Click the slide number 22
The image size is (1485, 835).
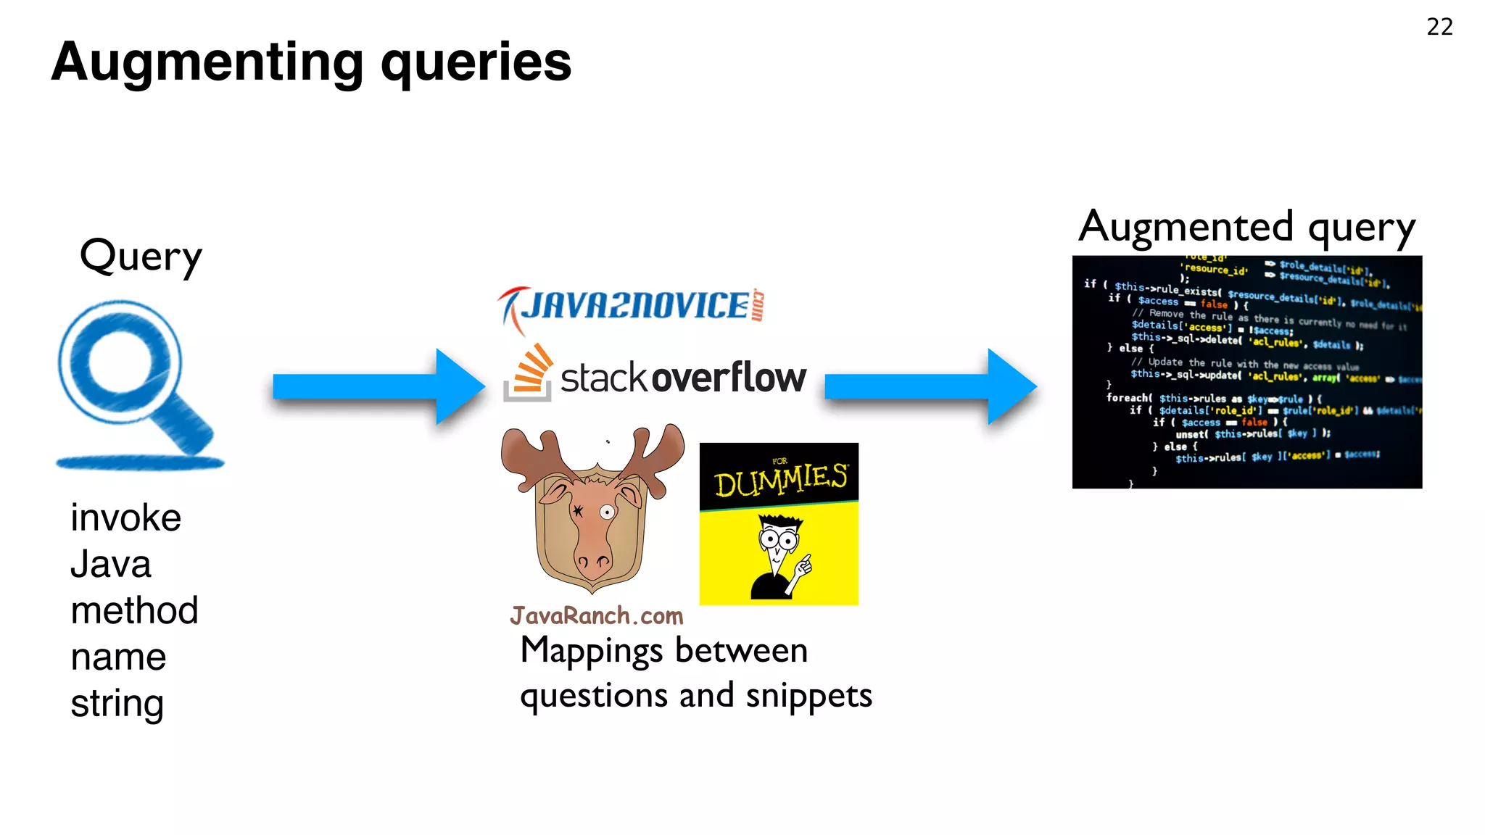[1439, 27]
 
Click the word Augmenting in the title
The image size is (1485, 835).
[207, 62]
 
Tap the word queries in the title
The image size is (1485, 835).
[476, 62]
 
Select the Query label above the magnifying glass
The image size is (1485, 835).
[141, 257]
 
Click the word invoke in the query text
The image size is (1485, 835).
[125, 518]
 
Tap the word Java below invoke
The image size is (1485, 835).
[110, 564]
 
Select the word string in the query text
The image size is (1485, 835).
[117, 703]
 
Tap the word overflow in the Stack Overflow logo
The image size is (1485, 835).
[728, 378]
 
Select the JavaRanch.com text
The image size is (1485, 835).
[596, 616]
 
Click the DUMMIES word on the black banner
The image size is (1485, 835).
[780, 480]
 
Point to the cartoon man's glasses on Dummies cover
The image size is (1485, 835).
[778, 539]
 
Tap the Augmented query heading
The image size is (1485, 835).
[1246, 228]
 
